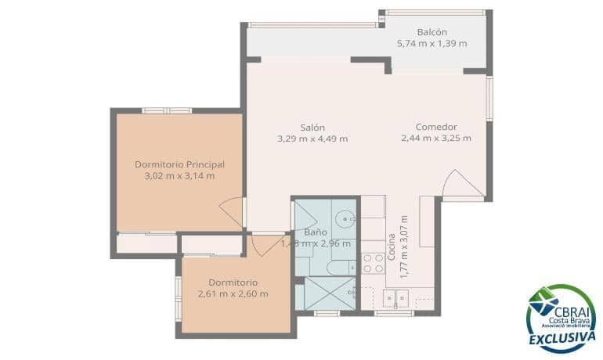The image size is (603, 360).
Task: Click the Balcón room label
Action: (x=431, y=32)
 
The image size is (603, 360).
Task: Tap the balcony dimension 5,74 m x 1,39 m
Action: (x=431, y=43)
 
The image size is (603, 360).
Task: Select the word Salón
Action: (x=312, y=128)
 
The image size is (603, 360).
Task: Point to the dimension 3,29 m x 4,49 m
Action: (x=312, y=139)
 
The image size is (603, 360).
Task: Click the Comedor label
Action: (x=436, y=128)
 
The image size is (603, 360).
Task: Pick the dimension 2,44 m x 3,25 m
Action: (x=436, y=139)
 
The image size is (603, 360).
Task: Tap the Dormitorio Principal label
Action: (x=179, y=164)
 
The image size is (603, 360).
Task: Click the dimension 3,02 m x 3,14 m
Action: (x=179, y=176)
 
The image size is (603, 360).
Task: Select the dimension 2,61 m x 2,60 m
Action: (x=233, y=293)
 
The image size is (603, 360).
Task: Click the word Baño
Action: (x=315, y=232)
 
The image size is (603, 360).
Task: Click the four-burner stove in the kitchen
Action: (x=374, y=262)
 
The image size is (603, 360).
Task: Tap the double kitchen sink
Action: (x=395, y=297)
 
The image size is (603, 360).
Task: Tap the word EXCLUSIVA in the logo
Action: (x=561, y=338)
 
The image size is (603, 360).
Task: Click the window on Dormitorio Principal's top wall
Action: (x=167, y=110)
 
